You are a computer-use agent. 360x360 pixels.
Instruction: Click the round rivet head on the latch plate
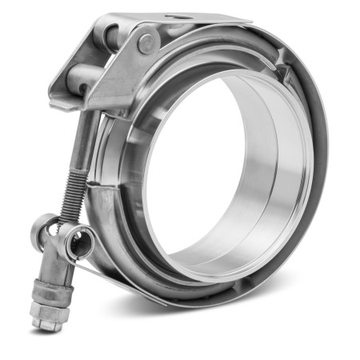[146, 43]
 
